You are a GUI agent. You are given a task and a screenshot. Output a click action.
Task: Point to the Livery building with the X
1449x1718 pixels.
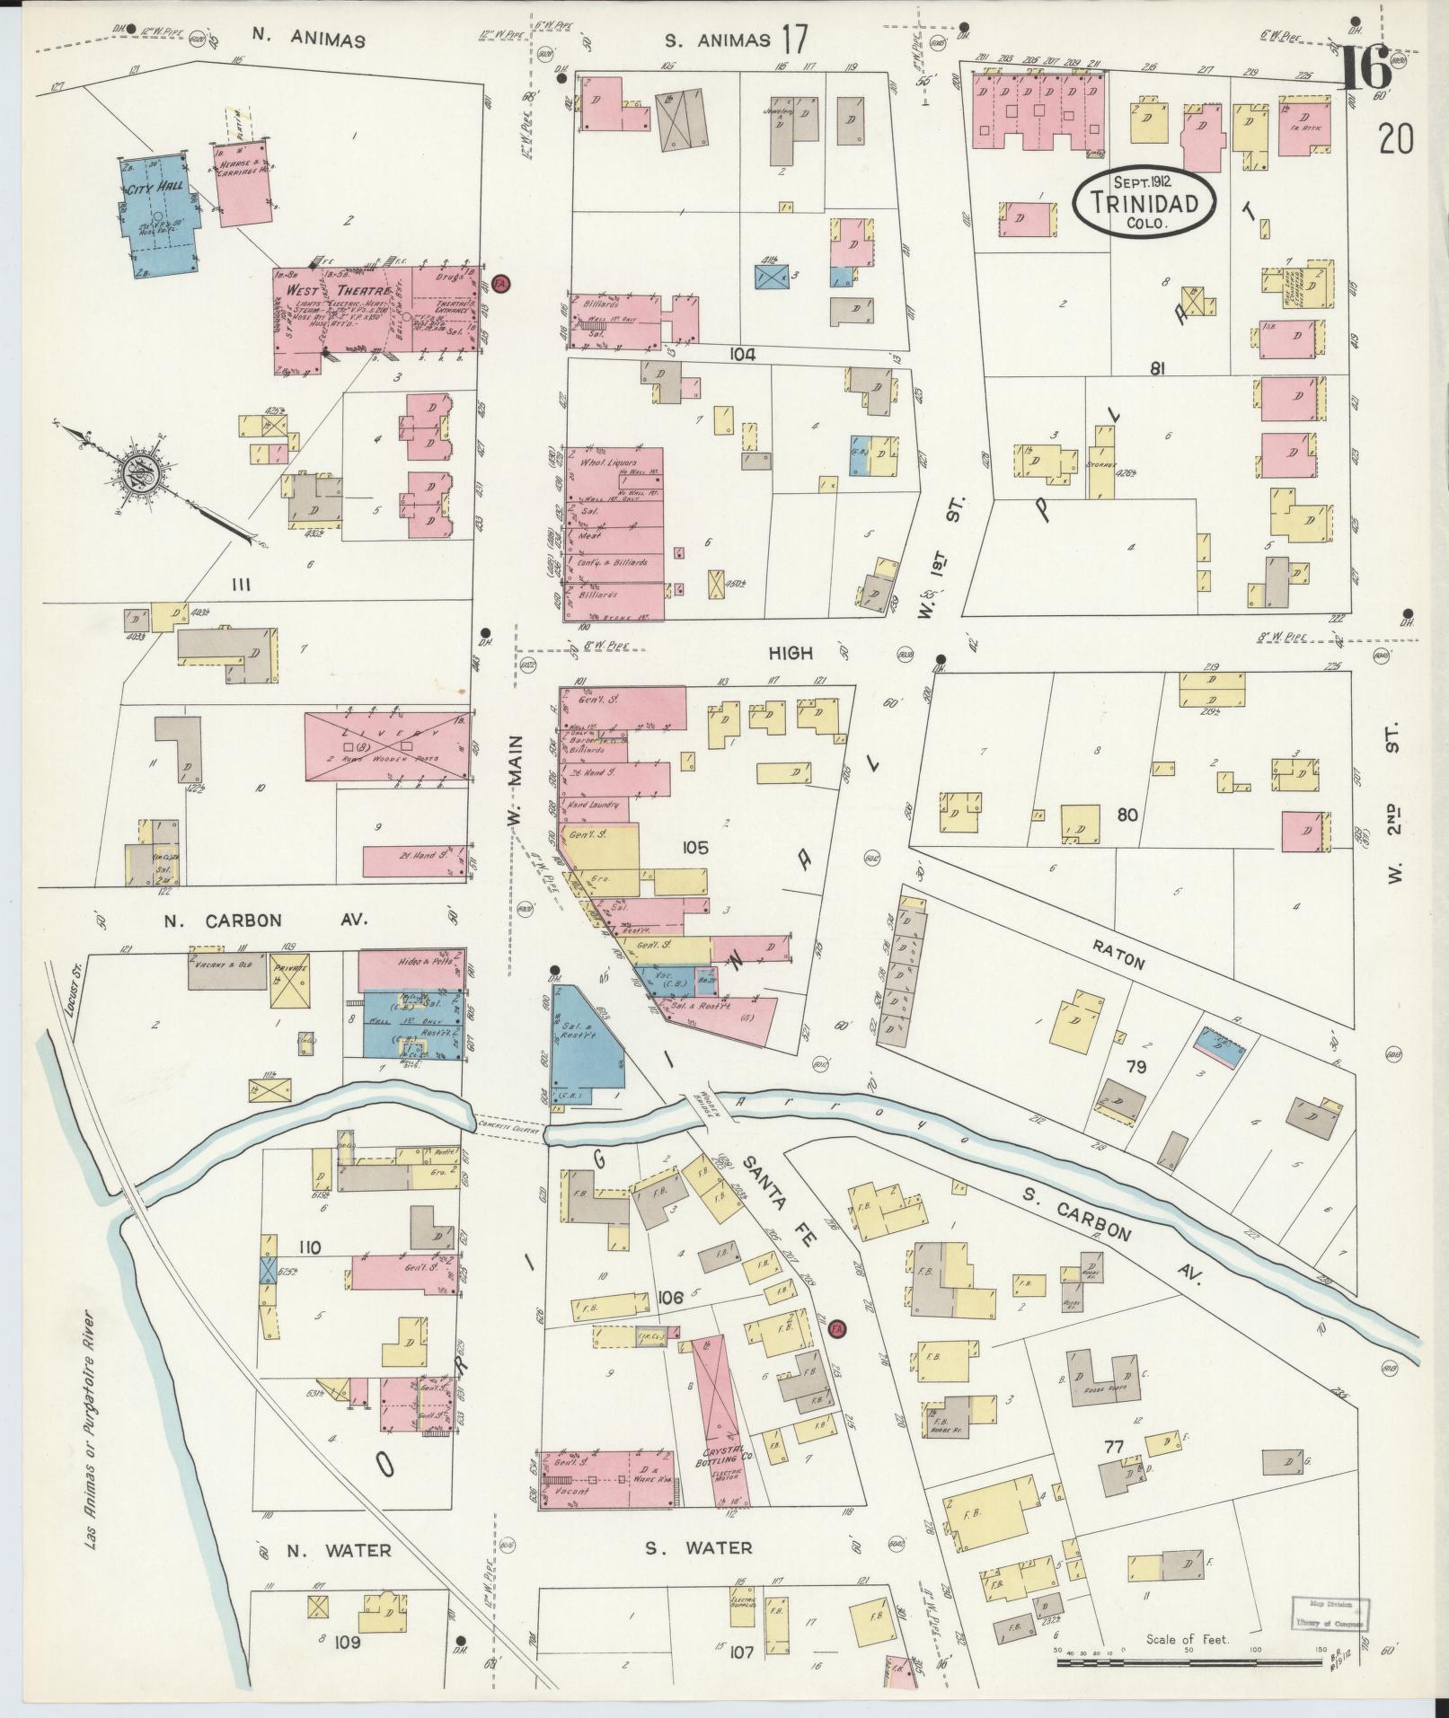click(388, 745)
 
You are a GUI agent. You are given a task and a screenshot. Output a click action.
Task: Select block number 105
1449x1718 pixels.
click(694, 847)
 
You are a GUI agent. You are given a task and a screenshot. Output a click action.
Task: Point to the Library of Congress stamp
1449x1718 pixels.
click(1330, 1612)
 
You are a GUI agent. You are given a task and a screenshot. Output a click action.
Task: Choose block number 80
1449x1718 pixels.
click(1127, 815)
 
